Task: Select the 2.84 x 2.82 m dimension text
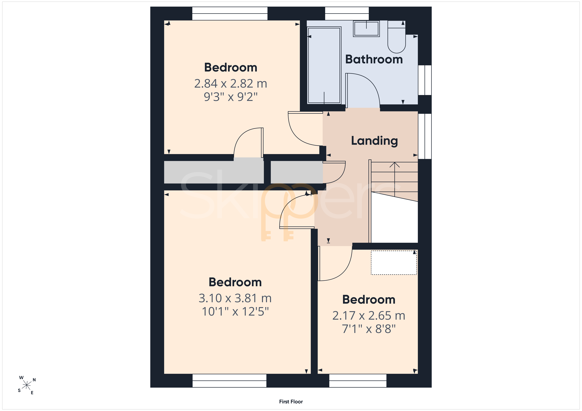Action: pyautogui.click(x=231, y=84)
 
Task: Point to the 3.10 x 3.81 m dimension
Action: pyautogui.click(x=235, y=298)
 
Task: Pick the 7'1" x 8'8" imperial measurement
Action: pyautogui.click(x=369, y=329)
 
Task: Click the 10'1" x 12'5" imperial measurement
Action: pyautogui.click(x=235, y=312)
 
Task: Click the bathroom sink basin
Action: pyautogui.click(x=366, y=29)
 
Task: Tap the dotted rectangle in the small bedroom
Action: pyautogui.click(x=394, y=263)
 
